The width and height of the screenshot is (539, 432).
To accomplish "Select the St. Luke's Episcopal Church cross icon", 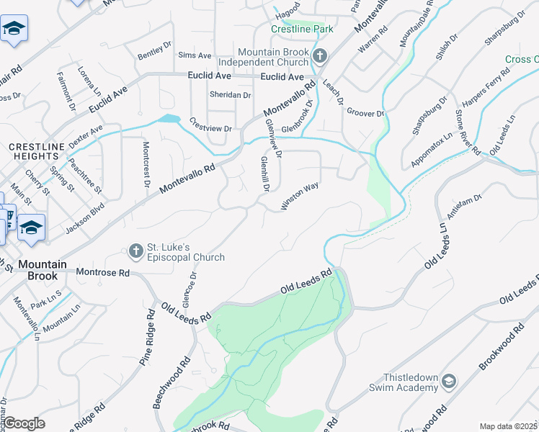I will (135, 251).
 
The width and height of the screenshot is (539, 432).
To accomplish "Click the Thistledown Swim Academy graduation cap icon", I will (449, 380).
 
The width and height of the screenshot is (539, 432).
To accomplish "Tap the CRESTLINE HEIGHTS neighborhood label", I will (34, 151).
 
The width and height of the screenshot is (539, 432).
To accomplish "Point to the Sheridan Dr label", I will (230, 95).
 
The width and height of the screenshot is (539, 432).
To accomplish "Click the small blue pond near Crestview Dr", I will (169, 119).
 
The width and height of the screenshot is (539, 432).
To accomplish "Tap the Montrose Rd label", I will (102, 274).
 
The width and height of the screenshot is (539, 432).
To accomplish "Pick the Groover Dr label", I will (365, 113).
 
